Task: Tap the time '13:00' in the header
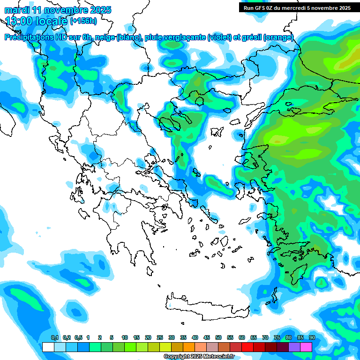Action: [x=19, y=21]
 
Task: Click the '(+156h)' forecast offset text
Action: [x=83, y=21]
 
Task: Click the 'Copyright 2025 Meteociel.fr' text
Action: [x=199, y=357]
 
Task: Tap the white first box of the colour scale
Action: [x=48, y=347]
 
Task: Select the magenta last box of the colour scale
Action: [x=306, y=347]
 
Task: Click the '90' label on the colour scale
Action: [x=312, y=337]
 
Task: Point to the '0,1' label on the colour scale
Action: [x=55, y=337]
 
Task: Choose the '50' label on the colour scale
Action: [x=218, y=337]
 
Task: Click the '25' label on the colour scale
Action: [x=160, y=337]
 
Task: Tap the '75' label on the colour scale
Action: [x=277, y=337]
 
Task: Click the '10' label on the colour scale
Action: [x=125, y=337]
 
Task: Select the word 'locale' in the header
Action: [x=52, y=21]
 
